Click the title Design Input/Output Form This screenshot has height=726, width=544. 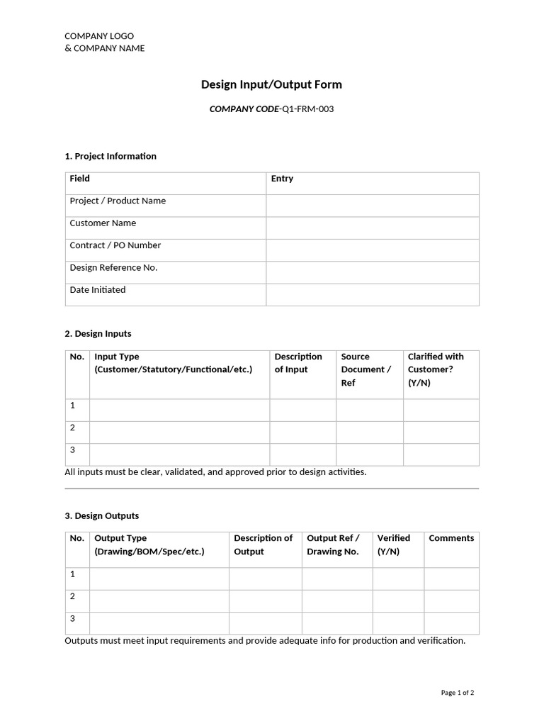[x=271, y=84]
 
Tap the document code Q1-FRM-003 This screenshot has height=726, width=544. [x=307, y=109]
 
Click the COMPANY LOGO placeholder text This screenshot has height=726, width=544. [x=99, y=36]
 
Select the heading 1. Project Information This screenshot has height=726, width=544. [x=110, y=156]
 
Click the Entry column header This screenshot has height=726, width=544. [x=282, y=179]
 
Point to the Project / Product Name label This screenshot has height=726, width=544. [x=118, y=201]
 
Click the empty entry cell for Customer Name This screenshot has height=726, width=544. [x=373, y=228]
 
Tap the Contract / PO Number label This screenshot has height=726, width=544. [x=115, y=245]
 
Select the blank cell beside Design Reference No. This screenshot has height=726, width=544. [x=373, y=272]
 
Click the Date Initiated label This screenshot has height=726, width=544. [x=98, y=290]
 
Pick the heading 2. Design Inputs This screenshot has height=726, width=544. [x=98, y=333]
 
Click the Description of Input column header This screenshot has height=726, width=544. [x=298, y=363]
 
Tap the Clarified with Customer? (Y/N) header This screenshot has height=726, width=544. [x=436, y=369]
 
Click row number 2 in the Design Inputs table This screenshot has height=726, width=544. [x=72, y=428]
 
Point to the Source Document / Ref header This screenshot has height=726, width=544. [x=365, y=369]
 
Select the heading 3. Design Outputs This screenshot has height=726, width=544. [x=101, y=515]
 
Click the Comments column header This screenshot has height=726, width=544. [x=451, y=538]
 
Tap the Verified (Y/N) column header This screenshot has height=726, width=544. [x=393, y=544]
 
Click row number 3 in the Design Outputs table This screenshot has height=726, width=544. [x=72, y=618]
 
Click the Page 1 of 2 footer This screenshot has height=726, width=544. [x=458, y=693]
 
